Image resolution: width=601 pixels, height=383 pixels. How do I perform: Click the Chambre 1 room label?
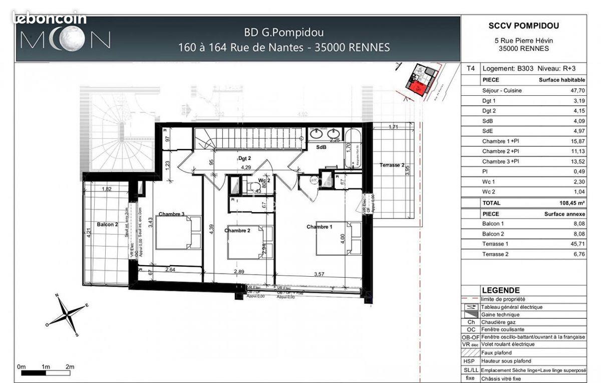pos(319,227)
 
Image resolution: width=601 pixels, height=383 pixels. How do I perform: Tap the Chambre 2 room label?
pos(237,230)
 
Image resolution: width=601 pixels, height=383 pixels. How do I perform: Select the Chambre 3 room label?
pos(171,214)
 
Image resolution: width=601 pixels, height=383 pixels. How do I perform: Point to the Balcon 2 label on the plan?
pos(108,224)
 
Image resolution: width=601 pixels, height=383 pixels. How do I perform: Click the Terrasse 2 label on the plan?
pos(392,164)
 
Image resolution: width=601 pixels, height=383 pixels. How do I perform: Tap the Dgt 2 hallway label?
pos(244,157)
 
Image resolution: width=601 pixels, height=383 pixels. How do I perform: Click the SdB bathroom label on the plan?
pos(322,147)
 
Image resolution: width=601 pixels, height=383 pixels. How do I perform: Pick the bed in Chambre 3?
pos(178,233)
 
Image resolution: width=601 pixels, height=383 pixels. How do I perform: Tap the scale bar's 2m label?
pos(70,367)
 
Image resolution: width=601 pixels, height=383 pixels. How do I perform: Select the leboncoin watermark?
pos(49,19)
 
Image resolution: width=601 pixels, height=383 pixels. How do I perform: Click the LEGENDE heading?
pos(500,290)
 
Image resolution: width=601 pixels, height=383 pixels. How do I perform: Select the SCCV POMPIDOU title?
pos(523,26)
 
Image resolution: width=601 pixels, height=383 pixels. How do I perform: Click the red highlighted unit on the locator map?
pos(420,89)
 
